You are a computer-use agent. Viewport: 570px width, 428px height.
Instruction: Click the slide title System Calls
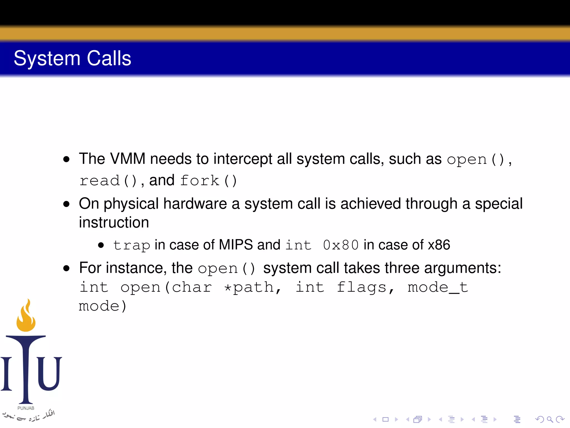pyautogui.click(x=72, y=59)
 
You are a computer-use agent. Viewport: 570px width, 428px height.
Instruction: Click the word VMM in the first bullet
pyautogui.click(x=128, y=159)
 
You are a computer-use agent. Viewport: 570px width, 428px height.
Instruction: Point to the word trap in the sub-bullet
pyautogui.click(x=131, y=245)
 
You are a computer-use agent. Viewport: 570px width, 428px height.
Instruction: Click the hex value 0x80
pyautogui.click(x=341, y=245)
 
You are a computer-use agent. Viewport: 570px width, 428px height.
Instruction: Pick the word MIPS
pyautogui.click(x=236, y=245)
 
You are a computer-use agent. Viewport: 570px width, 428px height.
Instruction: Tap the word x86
pyautogui.click(x=439, y=245)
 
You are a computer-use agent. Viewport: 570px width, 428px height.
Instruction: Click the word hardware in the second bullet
pyautogui.click(x=195, y=204)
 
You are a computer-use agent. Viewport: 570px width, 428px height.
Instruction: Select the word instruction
pyautogui.click(x=114, y=222)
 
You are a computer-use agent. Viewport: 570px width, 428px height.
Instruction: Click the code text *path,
pyautogui.click(x=253, y=287)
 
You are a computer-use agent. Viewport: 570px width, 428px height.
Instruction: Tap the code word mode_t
pyautogui.click(x=438, y=287)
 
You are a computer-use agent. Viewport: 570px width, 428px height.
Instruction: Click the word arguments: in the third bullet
pyautogui.click(x=463, y=268)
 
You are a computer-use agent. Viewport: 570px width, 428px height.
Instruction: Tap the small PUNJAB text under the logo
pyautogui.click(x=26, y=408)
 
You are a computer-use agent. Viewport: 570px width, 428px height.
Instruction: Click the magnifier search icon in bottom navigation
pyautogui.click(x=550, y=419)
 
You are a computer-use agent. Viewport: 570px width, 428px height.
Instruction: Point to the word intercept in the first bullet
pyautogui.click(x=243, y=159)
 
